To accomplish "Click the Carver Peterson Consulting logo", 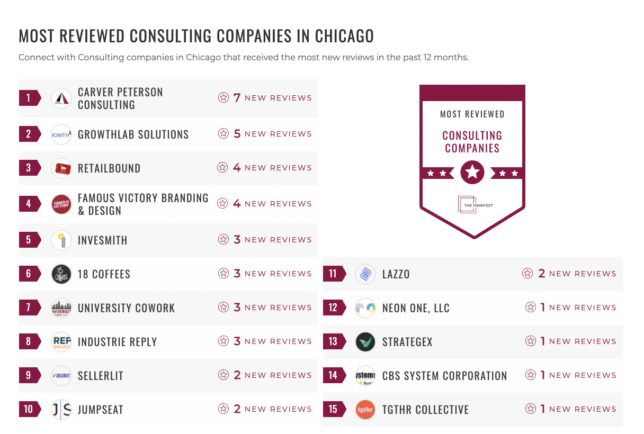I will [61, 98].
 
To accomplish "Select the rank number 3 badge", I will [29, 168].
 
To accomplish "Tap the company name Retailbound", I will [109, 168].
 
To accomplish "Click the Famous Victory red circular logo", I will [61, 204].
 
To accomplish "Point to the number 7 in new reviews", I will [237, 98].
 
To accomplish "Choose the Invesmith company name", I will [102, 240].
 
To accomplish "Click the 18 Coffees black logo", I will [61, 274].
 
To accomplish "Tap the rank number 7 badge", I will [29, 308].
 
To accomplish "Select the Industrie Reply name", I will [117, 342].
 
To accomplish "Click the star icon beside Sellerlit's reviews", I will [223, 375].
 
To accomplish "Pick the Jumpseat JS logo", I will [61, 410].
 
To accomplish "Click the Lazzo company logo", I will [365, 274].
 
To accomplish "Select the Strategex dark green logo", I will [365, 342].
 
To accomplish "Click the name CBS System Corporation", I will [444, 376].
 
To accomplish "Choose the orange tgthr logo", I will [365, 410].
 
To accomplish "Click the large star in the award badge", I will [472, 173].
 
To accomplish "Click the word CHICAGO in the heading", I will [344, 36].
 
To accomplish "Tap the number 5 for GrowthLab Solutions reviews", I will [237, 134].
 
